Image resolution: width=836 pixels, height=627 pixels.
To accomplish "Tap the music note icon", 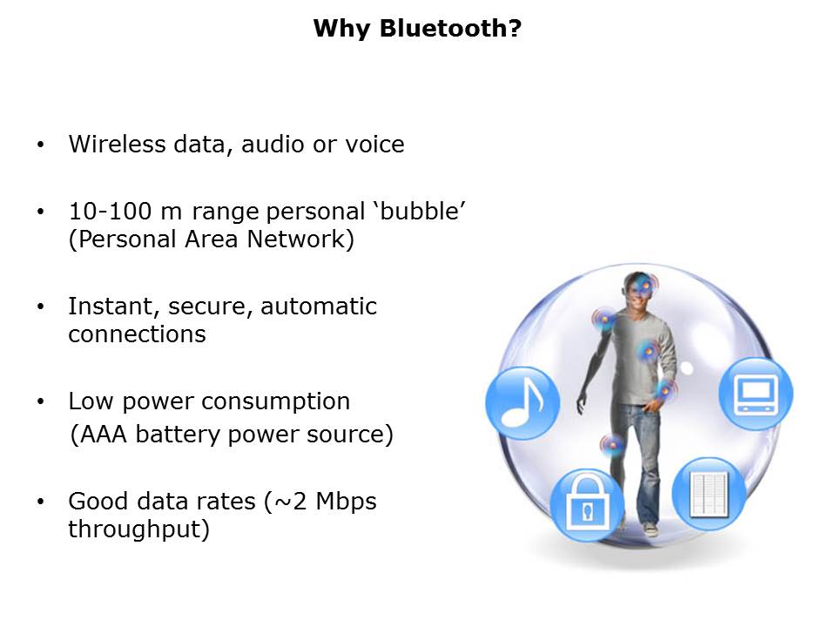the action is pyautogui.click(x=522, y=403).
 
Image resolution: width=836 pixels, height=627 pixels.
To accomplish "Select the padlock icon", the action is pyautogui.click(x=587, y=505).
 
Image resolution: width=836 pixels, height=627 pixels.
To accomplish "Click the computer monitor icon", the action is pyautogui.click(x=756, y=394).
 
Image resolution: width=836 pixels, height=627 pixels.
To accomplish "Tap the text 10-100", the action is pyautogui.click(x=111, y=211).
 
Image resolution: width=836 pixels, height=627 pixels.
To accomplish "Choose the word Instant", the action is pyautogui.click(x=114, y=307).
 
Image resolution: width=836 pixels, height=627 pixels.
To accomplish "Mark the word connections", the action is pyautogui.click(x=137, y=334).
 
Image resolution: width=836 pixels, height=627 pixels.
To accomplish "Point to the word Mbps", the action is pyautogui.click(x=346, y=502).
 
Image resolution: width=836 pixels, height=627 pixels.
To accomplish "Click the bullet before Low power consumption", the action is pyautogui.click(x=41, y=401).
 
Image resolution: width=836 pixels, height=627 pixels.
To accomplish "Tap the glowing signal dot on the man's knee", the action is pyautogui.click(x=612, y=445).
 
